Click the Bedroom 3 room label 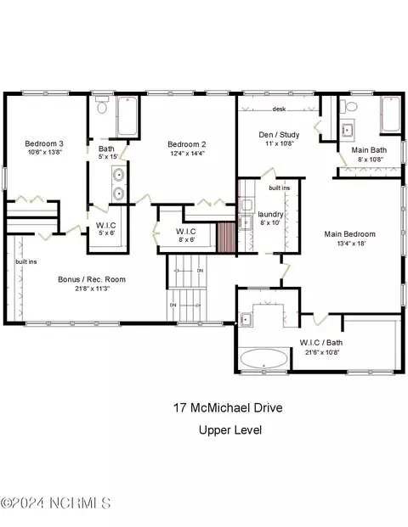pos(44,143)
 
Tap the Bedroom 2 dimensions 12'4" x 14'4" pos(187,153)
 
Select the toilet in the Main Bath pos(349,106)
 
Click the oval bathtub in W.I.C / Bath pos(263,359)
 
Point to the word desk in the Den pos(279,109)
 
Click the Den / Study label pos(279,135)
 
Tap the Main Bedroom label pos(349,234)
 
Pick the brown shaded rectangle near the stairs pos(226,237)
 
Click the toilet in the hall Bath pos(102,104)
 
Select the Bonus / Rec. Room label pos(92,279)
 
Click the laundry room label pos(270,214)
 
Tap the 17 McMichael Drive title pos(228,407)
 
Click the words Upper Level pos(230,430)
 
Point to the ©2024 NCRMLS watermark pos(55,503)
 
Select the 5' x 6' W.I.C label pos(107,233)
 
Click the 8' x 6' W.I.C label pos(186,239)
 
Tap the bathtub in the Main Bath pos(391,115)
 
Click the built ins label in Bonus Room pos(26,261)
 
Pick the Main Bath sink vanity pos(347,129)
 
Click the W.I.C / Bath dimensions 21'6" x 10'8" pos(322,352)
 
